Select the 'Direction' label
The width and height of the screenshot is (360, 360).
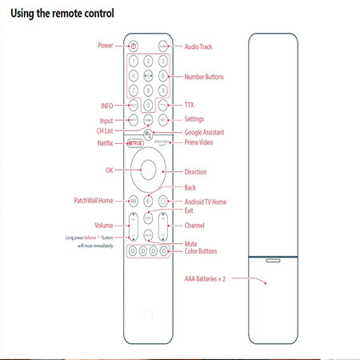(x=195, y=172)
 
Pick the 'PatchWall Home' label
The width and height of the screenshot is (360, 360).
(x=94, y=200)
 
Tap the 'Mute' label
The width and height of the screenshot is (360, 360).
(x=191, y=243)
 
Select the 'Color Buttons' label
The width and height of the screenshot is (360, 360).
(x=201, y=251)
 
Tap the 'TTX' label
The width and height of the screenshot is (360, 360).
(x=190, y=105)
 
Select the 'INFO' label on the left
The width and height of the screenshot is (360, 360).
(x=107, y=105)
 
